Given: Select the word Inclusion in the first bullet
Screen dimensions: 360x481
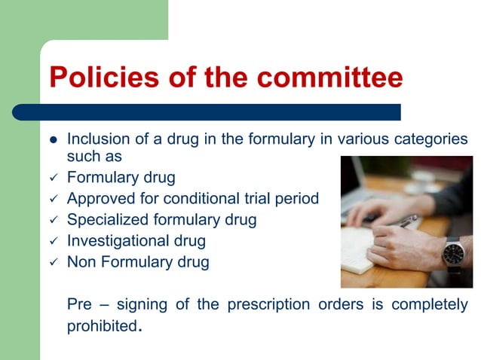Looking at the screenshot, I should click(96, 140).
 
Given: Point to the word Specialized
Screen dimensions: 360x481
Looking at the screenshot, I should click(106, 220).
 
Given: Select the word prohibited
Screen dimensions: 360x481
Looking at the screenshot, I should click(103, 327).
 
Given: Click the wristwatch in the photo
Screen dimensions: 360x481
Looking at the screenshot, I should click(453, 254).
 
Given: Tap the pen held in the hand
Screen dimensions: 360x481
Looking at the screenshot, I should click(405, 221).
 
